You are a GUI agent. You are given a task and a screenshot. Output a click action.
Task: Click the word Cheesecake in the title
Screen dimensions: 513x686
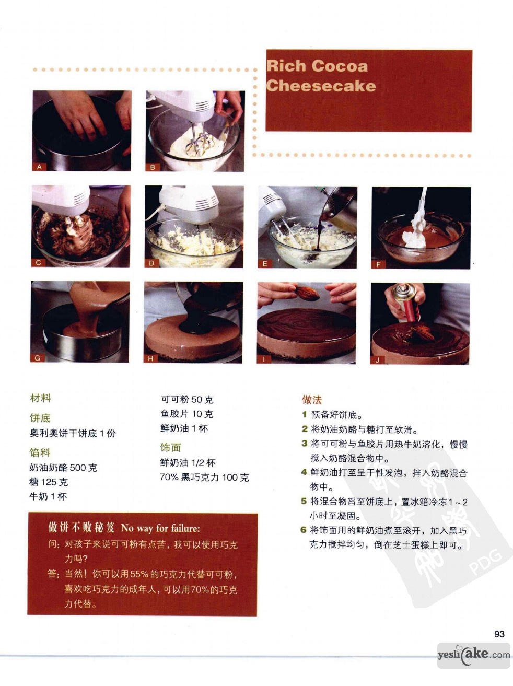321,86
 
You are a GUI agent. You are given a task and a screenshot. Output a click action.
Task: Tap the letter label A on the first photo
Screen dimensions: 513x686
39,167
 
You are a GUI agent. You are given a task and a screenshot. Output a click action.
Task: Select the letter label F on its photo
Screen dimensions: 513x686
378,264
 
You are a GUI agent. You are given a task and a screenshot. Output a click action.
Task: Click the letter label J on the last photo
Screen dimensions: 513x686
377,360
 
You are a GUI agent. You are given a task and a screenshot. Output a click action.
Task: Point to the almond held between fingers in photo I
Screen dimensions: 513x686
307,293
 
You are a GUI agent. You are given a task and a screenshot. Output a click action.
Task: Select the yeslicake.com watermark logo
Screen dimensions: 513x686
474,655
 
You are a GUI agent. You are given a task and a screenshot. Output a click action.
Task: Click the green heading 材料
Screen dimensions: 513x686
41,398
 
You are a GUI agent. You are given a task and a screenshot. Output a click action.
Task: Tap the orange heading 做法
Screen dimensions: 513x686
312,399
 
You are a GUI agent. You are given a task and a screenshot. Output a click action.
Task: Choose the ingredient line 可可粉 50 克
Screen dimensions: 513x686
187,399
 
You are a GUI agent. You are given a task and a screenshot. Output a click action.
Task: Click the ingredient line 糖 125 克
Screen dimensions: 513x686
49,482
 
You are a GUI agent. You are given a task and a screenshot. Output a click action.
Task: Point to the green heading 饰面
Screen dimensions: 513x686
171,447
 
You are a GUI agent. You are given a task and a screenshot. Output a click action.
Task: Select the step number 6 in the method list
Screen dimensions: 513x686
304,529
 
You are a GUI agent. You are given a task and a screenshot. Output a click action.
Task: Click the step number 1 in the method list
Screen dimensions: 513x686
305,414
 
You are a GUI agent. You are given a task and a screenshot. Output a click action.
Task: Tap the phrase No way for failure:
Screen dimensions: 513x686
160,528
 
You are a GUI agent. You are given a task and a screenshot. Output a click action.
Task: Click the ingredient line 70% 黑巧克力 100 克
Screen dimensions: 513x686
204,477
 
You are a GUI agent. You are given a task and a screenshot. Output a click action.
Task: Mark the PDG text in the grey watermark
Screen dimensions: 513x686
485,563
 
